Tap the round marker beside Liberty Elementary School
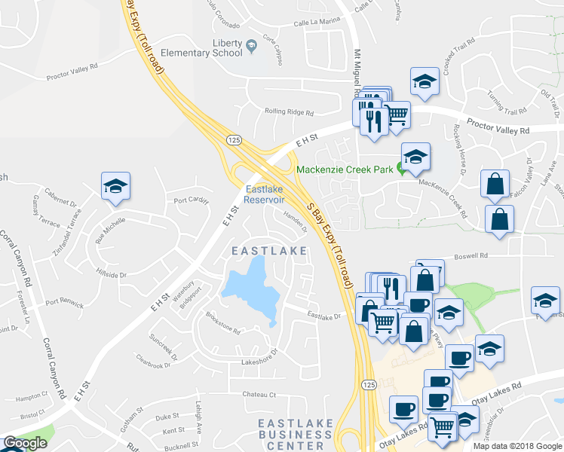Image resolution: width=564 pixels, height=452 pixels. pyautogui.click(x=252, y=47)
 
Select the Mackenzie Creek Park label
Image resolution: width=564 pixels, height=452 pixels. pyautogui.click(x=345, y=169)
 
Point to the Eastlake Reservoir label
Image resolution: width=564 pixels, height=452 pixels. pyautogui.click(x=264, y=194)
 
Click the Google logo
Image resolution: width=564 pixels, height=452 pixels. pyautogui.click(x=25, y=443)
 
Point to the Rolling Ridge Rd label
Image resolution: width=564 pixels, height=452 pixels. pyautogui.click(x=289, y=112)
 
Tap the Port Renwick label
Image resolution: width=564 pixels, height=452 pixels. pyautogui.click(x=64, y=303)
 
